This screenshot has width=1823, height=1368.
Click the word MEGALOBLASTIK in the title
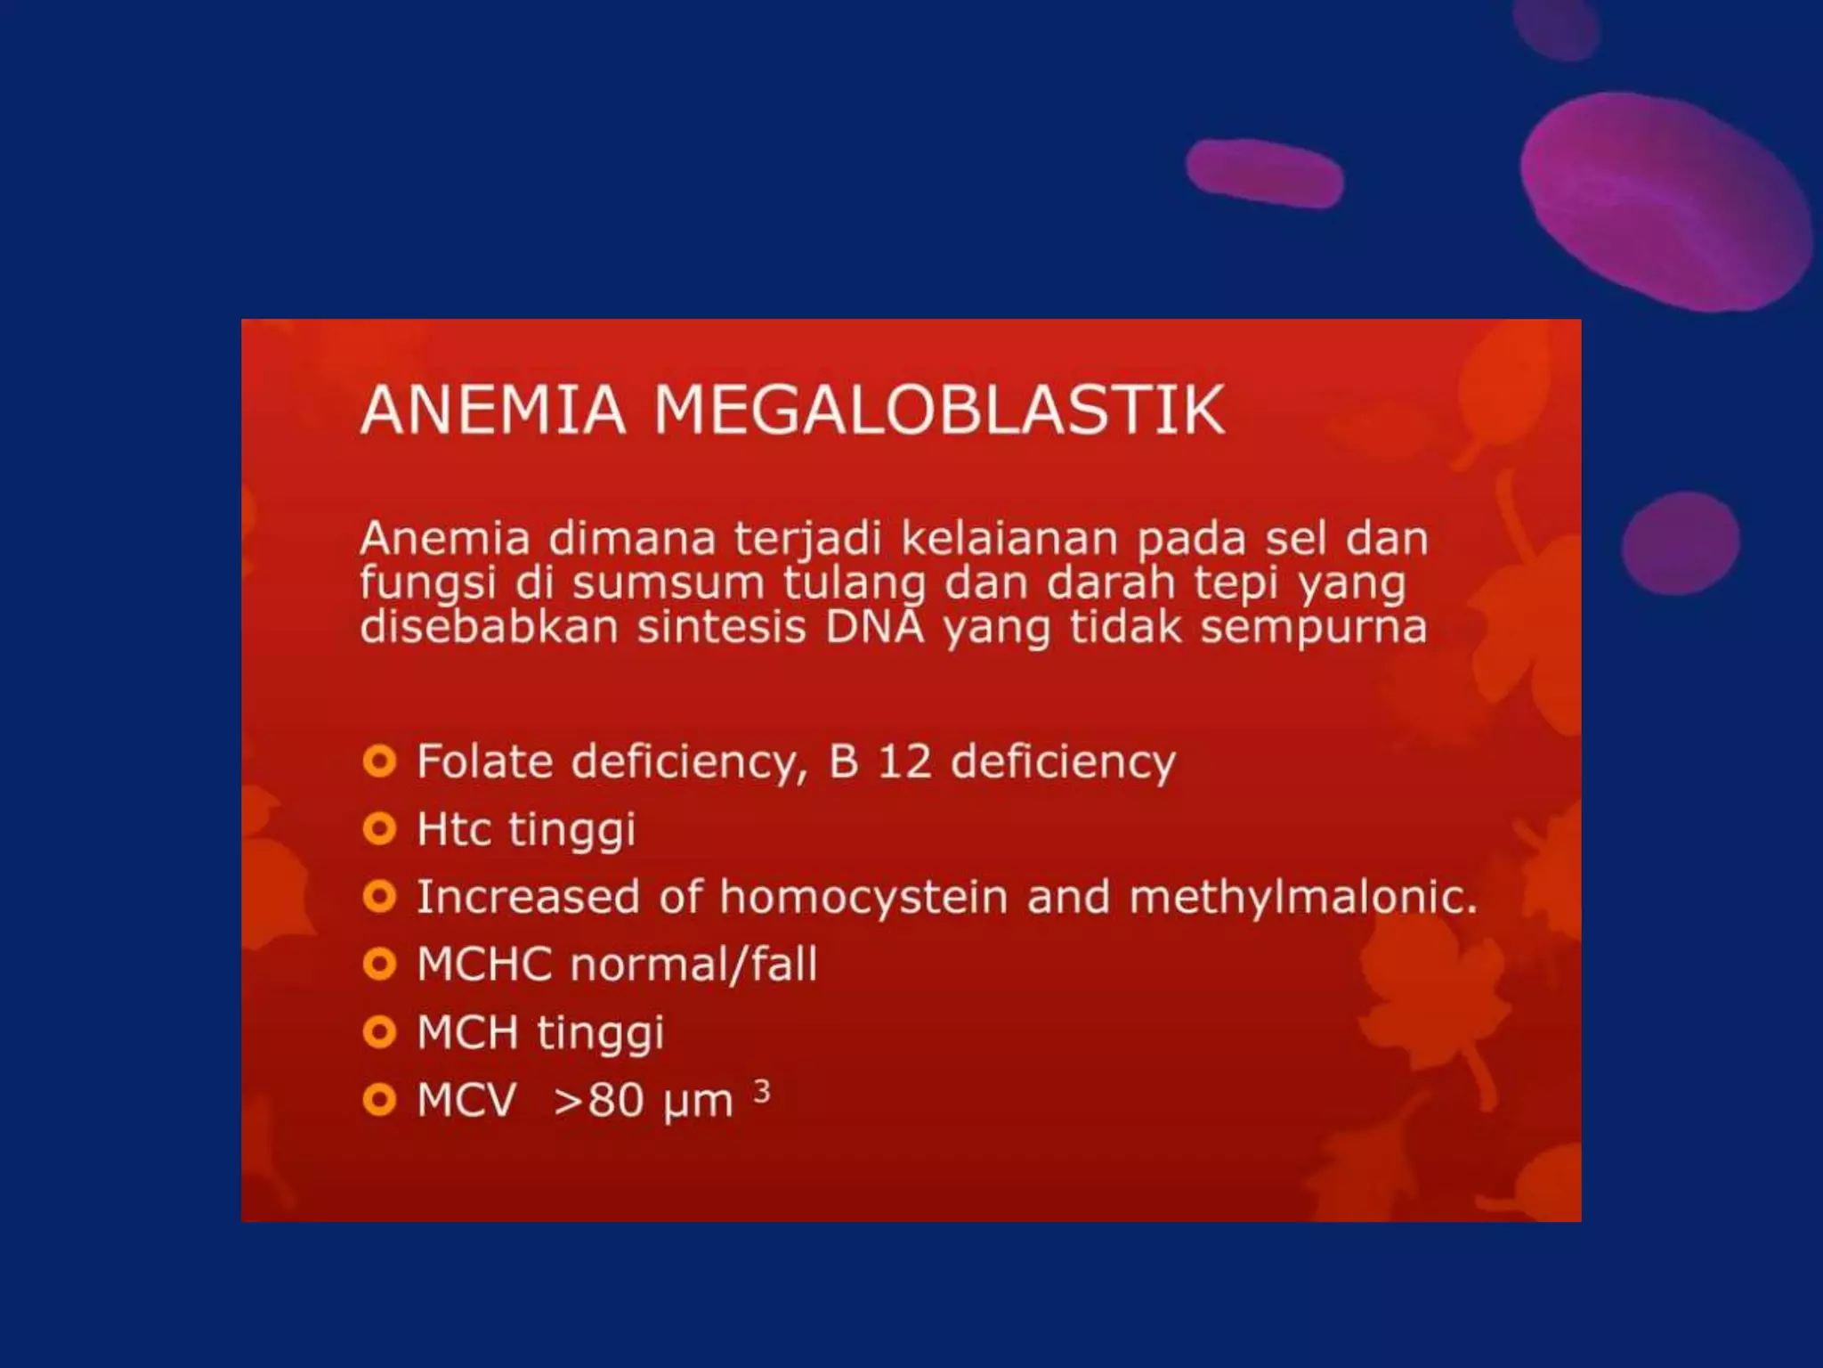click(939, 411)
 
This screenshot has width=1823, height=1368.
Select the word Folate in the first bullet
click(485, 762)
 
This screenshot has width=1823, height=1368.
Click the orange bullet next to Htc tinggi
click(379, 829)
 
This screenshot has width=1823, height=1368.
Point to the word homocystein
click(863, 898)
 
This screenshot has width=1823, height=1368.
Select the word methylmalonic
click(1302, 898)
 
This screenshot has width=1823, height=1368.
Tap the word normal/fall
click(693, 965)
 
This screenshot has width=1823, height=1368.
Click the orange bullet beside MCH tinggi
click(379, 1032)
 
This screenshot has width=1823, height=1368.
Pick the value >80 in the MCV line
click(598, 1101)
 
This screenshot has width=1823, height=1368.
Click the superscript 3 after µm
click(761, 1090)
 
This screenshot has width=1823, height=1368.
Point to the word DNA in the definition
click(875, 627)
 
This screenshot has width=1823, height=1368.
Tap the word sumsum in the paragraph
click(668, 583)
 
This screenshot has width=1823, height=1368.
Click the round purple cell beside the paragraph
click(1680, 542)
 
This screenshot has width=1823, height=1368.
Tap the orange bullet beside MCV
click(379, 1100)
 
